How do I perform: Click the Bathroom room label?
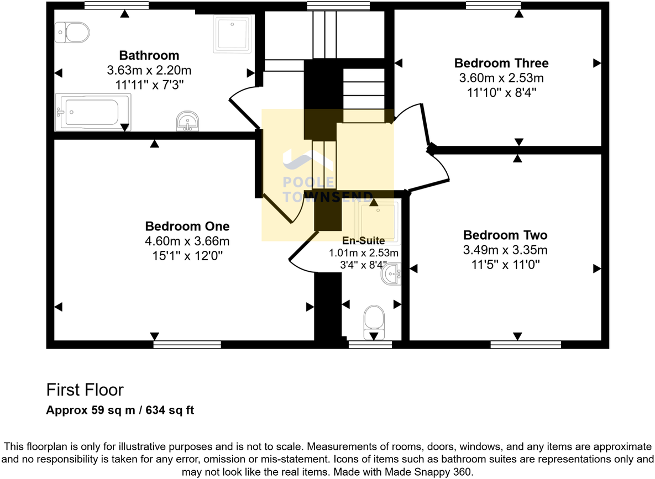coord(149,55)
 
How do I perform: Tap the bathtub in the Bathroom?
coord(93,112)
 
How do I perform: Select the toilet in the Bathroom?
coord(72,33)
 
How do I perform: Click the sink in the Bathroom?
coord(188,121)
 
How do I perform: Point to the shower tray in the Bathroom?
coord(232,33)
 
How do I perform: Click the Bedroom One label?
coord(187,226)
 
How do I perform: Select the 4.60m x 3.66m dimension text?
coord(187,241)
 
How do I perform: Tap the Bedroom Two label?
coord(505,235)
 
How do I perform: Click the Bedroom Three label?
coord(501,62)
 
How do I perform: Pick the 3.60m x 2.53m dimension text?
coord(501,78)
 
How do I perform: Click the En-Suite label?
coord(363,240)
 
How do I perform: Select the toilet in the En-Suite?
coord(374,322)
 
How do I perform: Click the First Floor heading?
coord(85,389)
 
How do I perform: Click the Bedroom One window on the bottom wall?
coord(187,344)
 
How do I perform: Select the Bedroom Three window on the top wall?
coord(493,6)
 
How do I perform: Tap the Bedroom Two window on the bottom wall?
coord(525,344)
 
